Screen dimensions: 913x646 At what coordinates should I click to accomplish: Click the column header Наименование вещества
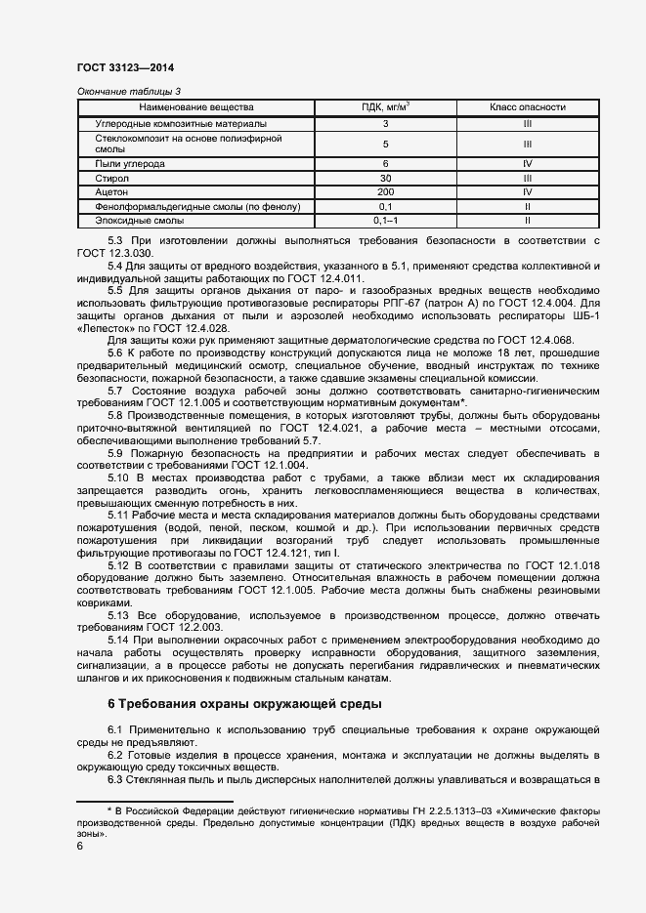coord(195,106)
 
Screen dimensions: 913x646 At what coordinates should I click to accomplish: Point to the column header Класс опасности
coord(527,106)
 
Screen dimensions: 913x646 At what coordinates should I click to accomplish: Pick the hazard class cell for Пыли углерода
coord(527,164)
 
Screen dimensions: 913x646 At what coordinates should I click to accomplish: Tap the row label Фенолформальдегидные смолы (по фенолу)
coord(185,207)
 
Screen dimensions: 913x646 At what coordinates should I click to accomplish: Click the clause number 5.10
coord(118,477)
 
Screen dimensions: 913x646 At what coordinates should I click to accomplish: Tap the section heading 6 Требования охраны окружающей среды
coord(244,703)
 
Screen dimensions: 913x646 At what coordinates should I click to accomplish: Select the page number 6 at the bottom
coord(80,846)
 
